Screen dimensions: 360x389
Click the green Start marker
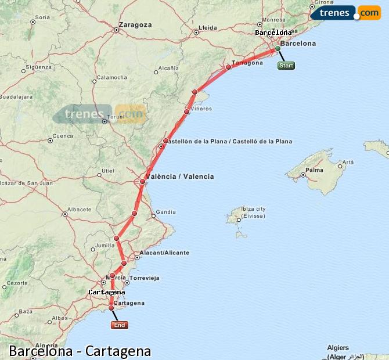286,66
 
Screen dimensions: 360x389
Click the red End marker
119,325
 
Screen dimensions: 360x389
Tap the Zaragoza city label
135,25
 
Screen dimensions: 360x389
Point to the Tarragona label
247,63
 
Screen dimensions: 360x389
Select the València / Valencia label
180,177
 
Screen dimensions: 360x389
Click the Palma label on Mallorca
315,170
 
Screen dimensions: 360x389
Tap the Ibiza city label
253,209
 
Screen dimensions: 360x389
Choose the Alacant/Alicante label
161,253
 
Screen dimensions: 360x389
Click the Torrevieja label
145,278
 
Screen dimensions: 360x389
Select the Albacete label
79,209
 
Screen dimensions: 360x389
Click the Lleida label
207,27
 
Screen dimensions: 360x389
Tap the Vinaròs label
201,109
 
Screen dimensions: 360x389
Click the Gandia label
165,212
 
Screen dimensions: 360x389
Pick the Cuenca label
63,136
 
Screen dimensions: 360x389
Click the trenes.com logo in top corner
345,13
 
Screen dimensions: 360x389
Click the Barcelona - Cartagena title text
80,351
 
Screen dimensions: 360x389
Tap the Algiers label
338,348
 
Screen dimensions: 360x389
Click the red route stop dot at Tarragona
229,67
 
